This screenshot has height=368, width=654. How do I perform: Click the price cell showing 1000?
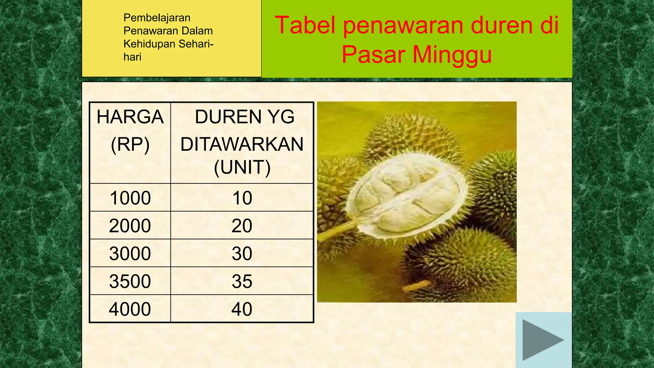click(x=130, y=198)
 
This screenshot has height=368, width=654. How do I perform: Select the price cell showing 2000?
click(x=130, y=226)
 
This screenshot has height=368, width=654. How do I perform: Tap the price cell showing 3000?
click(x=130, y=253)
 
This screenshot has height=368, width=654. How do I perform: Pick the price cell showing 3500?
click(x=130, y=281)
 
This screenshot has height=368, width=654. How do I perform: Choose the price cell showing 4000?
click(x=130, y=309)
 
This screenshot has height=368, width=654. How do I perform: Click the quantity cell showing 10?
click(x=242, y=198)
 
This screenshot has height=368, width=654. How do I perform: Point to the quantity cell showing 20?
click(x=242, y=226)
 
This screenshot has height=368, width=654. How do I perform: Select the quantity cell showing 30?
click(x=242, y=253)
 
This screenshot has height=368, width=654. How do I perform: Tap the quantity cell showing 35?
click(x=242, y=281)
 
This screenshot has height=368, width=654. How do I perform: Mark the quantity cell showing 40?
click(x=242, y=309)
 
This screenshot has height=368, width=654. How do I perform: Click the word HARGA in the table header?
click(x=130, y=117)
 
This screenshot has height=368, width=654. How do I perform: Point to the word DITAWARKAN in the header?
click(x=242, y=144)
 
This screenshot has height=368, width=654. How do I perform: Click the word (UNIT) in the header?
click(x=242, y=167)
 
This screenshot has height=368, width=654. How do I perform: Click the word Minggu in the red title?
click(x=452, y=55)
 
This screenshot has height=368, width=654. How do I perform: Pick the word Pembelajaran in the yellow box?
click(x=157, y=18)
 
